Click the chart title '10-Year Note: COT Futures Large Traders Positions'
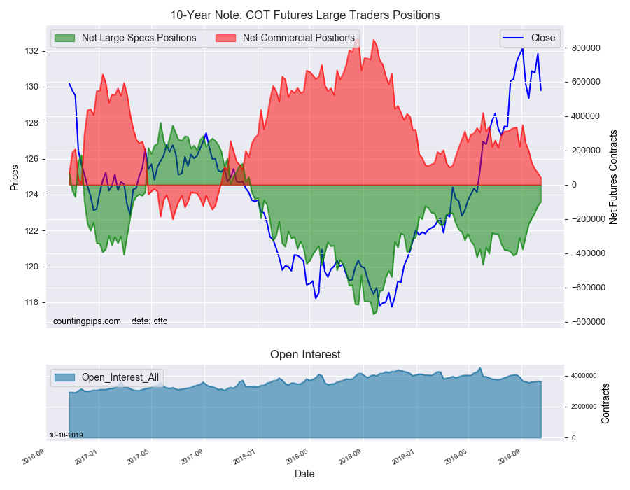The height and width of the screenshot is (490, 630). (305, 15)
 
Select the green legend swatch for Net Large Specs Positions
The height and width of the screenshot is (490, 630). (64, 38)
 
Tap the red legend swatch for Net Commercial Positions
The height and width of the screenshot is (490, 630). (225, 38)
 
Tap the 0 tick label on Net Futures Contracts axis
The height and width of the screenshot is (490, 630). (574, 185)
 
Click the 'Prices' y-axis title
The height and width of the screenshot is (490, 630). (15, 178)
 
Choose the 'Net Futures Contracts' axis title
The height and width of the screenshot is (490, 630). (612, 177)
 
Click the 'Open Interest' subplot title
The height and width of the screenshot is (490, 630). (305, 354)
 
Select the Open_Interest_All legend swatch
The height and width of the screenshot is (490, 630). (64, 377)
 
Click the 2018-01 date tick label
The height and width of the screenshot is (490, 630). (245, 457)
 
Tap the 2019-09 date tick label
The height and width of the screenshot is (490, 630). (509, 457)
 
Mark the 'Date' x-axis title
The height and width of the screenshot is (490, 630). (304, 474)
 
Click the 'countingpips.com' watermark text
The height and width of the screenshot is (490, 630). (87, 321)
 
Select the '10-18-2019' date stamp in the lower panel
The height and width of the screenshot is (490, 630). (66, 435)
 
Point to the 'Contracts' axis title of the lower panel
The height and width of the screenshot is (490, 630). (605, 404)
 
